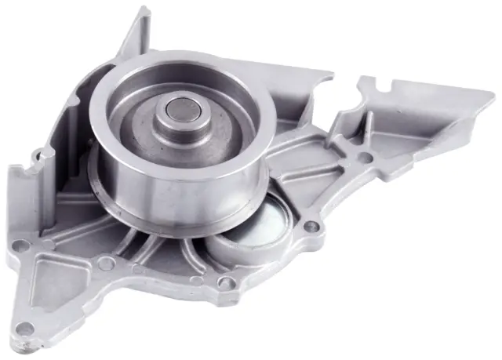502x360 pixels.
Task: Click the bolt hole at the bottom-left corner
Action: (26, 327)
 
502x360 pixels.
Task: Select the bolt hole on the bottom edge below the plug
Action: (226, 282)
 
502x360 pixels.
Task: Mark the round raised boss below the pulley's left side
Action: (104, 264)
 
